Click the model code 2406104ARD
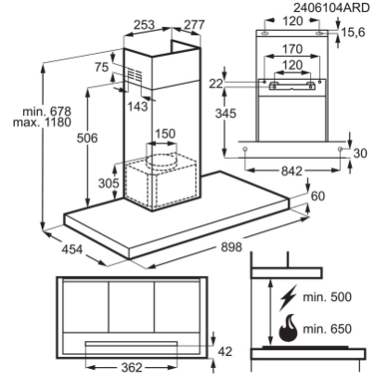coord(331,7)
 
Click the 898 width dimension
coord(231,247)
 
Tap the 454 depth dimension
coord(72,249)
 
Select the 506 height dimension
coord(87,138)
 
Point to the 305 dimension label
coord(109,183)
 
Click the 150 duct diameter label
coord(165,134)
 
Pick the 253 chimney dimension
coord(144,25)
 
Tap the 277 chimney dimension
coord(194,25)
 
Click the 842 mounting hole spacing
coord(291,171)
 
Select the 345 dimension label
coord(226,113)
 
